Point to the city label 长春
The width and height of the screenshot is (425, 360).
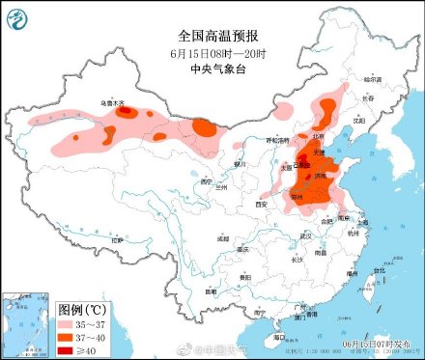[x=365, y=97]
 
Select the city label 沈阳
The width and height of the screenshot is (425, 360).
[x=359, y=122]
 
